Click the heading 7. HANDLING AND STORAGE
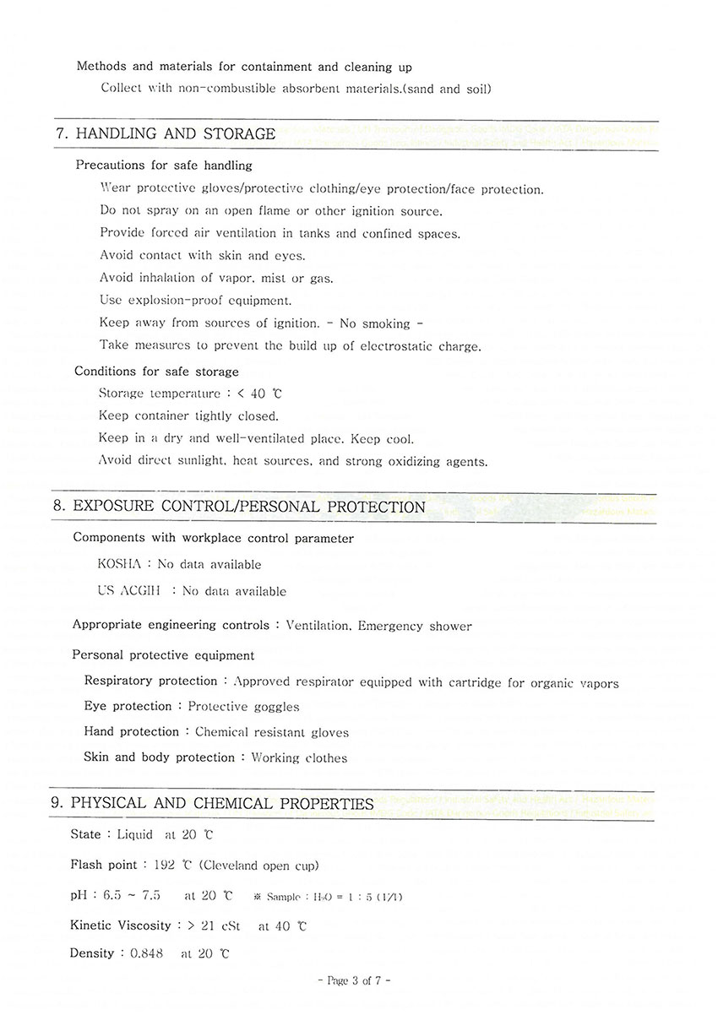[165, 133]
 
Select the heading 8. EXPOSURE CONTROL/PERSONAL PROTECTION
[238, 507]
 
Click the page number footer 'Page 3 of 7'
[354, 980]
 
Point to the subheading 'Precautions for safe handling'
[164, 166]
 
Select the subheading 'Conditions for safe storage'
[156, 372]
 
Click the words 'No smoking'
[374, 323]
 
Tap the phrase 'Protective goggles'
[243, 706]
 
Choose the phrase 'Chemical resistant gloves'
[272, 732]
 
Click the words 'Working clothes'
[299, 757]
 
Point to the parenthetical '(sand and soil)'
[449, 89]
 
